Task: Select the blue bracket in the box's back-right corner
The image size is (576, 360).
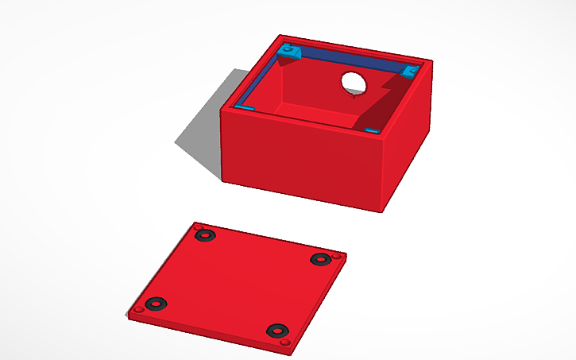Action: [x=409, y=72]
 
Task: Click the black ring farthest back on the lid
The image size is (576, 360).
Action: [x=206, y=235]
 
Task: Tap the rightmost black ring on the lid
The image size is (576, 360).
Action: [x=319, y=259]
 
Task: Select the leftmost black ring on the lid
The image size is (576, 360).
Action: [x=156, y=303]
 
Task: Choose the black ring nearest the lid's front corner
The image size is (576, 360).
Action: [x=276, y=330]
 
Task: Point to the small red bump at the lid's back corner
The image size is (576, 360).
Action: [x=196, y=226]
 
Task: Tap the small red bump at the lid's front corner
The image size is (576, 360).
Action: [x=284, y=343]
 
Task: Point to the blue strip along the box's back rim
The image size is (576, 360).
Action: [x=350, y=60]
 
